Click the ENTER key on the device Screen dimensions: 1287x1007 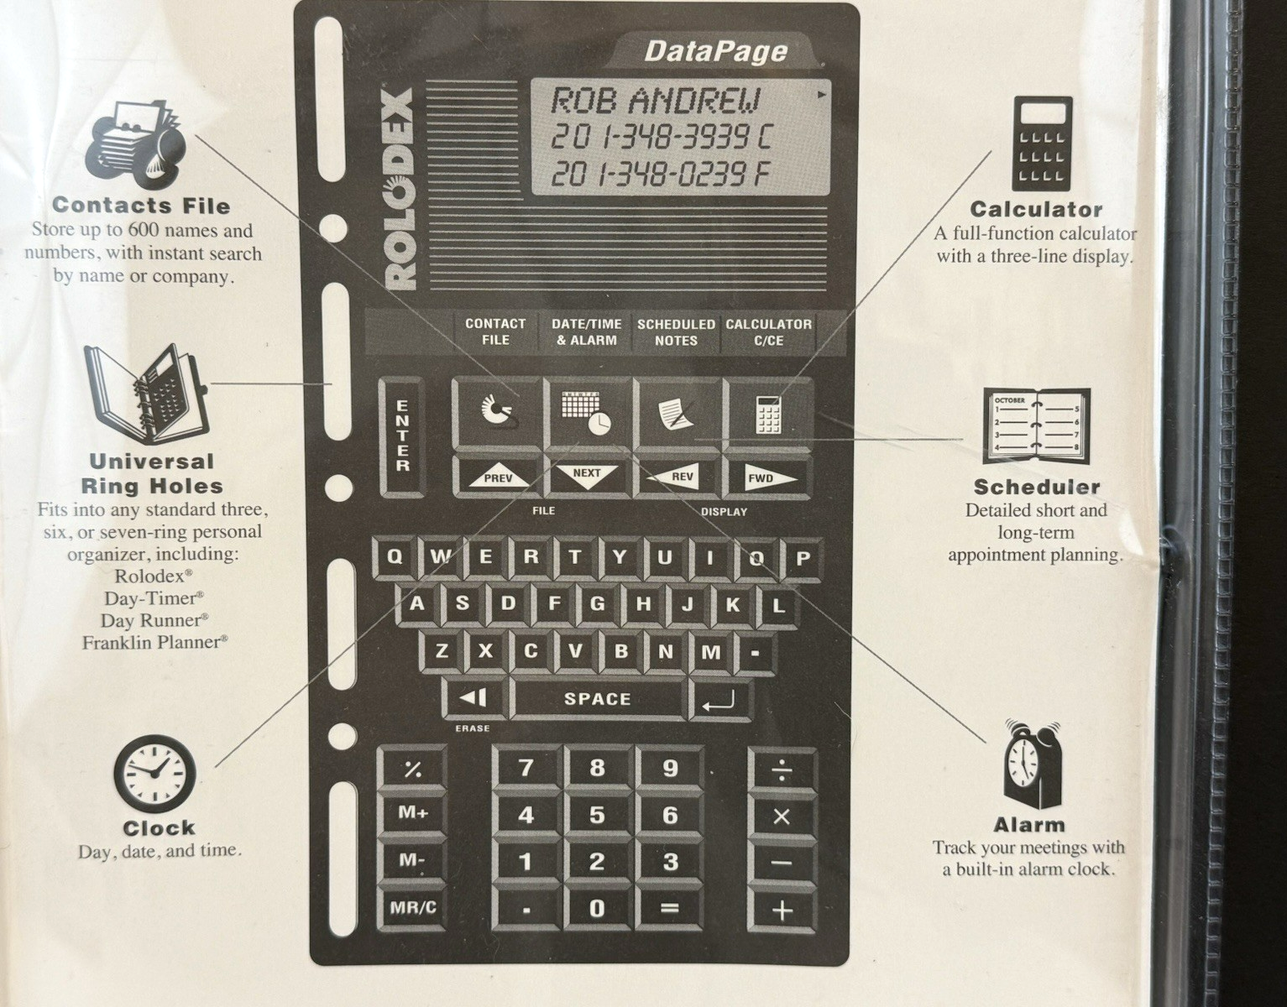402,436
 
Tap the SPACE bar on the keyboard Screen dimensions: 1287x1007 597,698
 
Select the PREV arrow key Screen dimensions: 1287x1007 498,477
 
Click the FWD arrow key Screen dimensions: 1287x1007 766,477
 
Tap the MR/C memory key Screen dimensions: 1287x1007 412,908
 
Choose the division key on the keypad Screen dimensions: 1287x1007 782,770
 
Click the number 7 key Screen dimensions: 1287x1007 526,768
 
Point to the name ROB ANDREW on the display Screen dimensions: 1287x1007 655,101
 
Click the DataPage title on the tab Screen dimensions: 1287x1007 715,52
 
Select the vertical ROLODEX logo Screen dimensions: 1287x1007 400,189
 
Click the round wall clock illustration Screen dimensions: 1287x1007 154,773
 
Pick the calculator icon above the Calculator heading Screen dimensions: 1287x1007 1042,143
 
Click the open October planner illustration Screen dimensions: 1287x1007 1036,425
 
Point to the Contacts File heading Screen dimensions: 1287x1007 141,206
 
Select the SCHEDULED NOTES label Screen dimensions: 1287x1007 676,332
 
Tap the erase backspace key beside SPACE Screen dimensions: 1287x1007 473,697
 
